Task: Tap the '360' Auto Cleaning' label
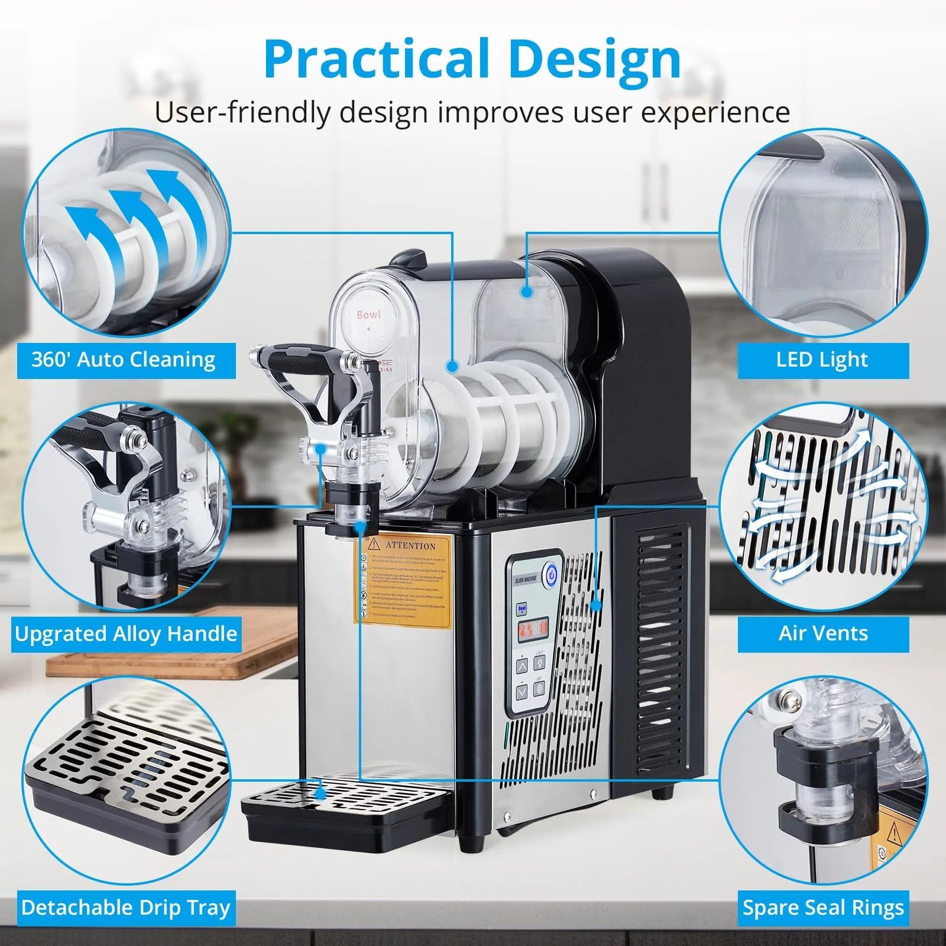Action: (124, 360)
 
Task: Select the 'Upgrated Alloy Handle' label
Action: (126, 634)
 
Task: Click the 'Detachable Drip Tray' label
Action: (126, 908)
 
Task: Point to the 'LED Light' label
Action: (822, 360)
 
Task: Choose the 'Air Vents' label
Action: (823, 634)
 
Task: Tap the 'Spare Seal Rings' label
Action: (823, 908)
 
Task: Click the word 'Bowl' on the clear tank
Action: (368, 315)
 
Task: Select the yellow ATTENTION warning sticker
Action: (402, 579)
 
